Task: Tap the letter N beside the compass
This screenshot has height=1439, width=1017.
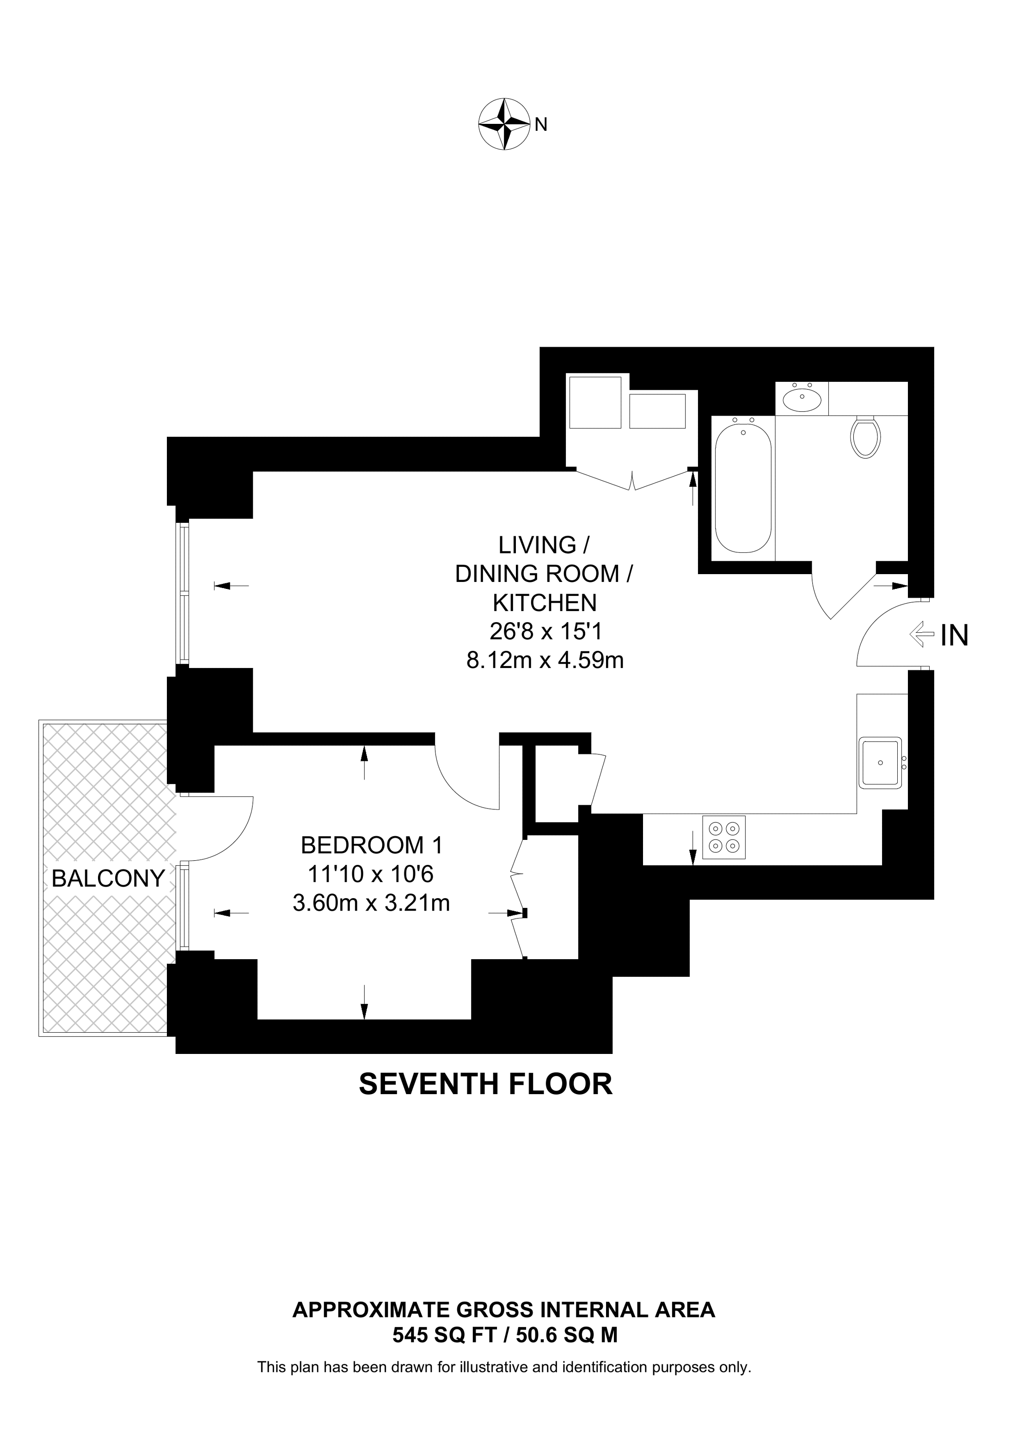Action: pyautogui.click(x=541, y=125)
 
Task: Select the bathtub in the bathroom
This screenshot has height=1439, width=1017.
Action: pyautogui.click(x=743, y=488)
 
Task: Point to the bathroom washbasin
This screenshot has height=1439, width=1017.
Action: pyautogui.click(x=802, y=398)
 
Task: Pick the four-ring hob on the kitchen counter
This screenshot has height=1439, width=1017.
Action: pyautogui.click(x=724, y=837)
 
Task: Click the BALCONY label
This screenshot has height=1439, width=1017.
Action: pyautogui.click(x=108, y=879)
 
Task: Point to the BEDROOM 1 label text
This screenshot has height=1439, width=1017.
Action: pyautogui.click(x=372, y=845)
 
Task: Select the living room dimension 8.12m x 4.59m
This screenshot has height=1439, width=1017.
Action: pyautogui.click(x=545, y=660)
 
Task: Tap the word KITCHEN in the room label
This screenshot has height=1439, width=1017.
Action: pyautogui.click(x=545, y=602)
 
